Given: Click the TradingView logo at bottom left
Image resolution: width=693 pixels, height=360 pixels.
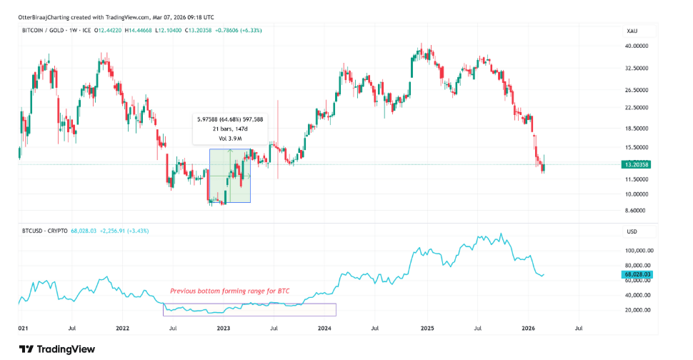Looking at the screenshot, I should click(x=49, y=349).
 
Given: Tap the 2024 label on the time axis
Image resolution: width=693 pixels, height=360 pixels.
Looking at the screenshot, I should click(x=324, y=328).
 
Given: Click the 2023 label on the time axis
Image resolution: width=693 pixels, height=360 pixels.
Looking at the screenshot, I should click(x=223, y=328).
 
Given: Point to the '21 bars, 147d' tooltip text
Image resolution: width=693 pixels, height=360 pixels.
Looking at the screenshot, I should click(x=229, y=129).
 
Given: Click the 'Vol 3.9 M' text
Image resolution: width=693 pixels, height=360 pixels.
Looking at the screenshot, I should click(x=229, y=137).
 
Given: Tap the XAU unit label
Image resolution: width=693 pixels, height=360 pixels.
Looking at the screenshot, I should click(x=631, y=31).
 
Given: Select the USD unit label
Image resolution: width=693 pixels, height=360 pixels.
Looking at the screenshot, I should click(x=631, y=231).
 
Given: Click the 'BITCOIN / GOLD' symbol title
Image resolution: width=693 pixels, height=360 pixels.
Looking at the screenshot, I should click(x=46, y=30).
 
